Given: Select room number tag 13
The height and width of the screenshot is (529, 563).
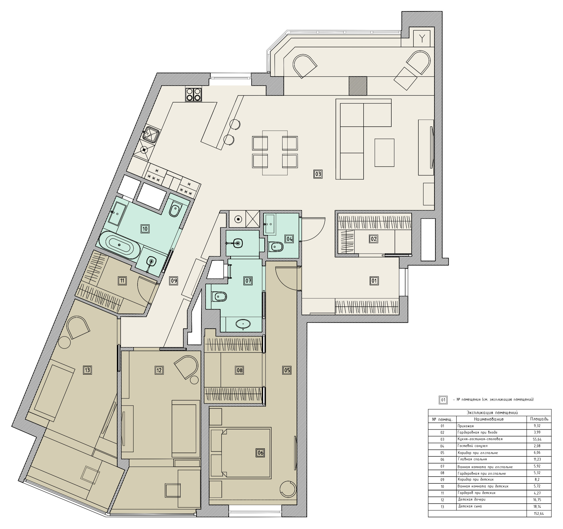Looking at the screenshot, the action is coord(87,370).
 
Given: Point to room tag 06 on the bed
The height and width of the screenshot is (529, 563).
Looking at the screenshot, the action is coord(260,453).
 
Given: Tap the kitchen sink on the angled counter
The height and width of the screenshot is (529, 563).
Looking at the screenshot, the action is coord(151,134).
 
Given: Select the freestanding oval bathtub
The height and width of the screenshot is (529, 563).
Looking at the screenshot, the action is coord(119,245).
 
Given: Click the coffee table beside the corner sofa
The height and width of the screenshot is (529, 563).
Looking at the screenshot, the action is coord(384,152).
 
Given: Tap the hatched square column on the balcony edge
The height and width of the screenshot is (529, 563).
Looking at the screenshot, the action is coord(358,86).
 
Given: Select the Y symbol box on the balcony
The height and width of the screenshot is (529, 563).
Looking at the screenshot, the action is coord(422,38).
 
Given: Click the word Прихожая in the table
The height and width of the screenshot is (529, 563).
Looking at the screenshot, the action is coord(466,426).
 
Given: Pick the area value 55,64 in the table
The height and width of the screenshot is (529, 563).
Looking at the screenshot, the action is coord(537,439).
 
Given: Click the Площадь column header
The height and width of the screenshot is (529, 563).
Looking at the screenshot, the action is coord(539,419).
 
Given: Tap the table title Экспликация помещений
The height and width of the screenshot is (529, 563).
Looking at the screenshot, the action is coord(492,412).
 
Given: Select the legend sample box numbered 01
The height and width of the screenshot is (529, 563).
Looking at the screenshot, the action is coord(443,400).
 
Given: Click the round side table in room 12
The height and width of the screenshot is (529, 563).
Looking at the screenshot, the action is coord(194,380).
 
